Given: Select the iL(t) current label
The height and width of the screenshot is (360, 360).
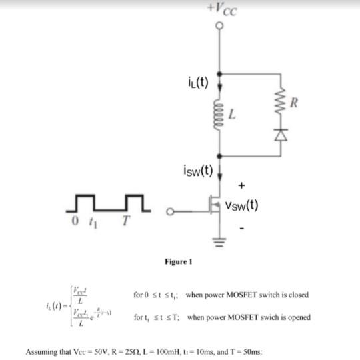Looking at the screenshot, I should pos(195,83).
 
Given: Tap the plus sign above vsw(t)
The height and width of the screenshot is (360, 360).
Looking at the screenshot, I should pos(241,182).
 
